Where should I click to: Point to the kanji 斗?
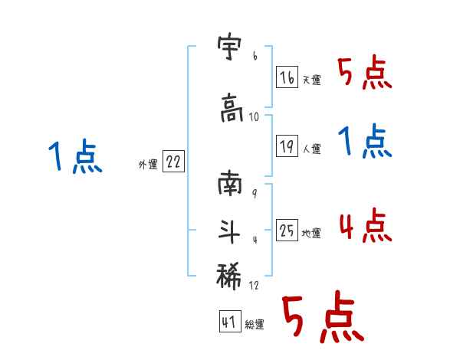coord(231,229)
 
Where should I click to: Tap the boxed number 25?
coord(287,232)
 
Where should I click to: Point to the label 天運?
coord(312,80)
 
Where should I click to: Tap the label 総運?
coord(255,325)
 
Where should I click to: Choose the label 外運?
coord(147,164)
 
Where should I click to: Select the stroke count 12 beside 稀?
coord(255,286)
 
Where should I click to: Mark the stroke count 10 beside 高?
coord(255,117)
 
